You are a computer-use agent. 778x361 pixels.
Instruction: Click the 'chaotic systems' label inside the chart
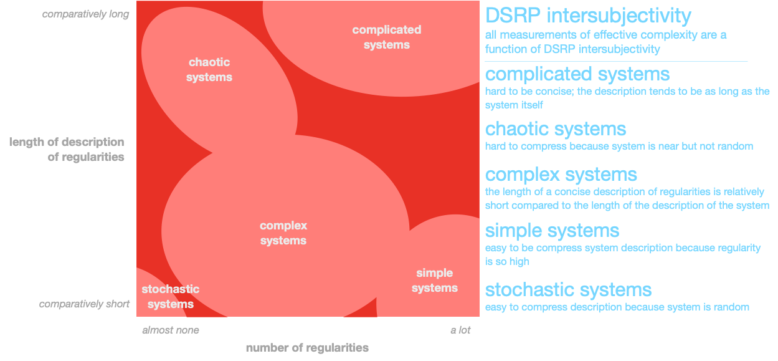[x=209, y=70]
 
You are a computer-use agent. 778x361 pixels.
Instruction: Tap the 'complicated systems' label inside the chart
[x=387, y=37]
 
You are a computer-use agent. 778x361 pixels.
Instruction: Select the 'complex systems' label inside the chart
[x=283, y=233]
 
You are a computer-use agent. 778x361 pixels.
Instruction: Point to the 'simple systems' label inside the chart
[x=435, y=281]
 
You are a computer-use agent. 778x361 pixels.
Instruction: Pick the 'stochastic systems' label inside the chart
[x=171, y=296]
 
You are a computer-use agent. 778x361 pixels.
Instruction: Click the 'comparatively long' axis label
[x=85, y=14]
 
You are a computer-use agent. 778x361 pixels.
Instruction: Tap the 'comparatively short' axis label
[x=84, y=304]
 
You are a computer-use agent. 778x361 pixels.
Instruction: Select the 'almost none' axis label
[x=171, y=330]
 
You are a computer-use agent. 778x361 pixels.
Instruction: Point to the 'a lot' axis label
[x=460, y=330]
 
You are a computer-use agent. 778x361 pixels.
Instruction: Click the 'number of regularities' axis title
[x=307, y=348]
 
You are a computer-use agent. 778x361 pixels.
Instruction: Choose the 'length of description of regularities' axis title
[x=67, y=150]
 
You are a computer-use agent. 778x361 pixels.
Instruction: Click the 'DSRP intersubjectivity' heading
[x=588, y=16]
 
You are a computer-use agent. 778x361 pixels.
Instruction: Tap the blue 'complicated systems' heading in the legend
[x=577, y=74]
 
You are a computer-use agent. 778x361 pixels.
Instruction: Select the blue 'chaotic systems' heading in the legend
[x=556, y=129]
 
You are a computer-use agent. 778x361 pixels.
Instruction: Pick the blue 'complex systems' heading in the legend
[x=561, y=175]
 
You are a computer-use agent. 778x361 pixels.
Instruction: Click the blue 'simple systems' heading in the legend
[x=552, y=231]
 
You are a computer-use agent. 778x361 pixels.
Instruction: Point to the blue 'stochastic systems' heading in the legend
[x=568, y=290]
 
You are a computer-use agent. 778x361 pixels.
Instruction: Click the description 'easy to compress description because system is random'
[x=617, y=307]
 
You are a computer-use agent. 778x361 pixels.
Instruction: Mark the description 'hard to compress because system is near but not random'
[x=619, y=146]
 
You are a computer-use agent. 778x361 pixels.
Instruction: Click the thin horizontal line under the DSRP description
[x=616, y=62]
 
